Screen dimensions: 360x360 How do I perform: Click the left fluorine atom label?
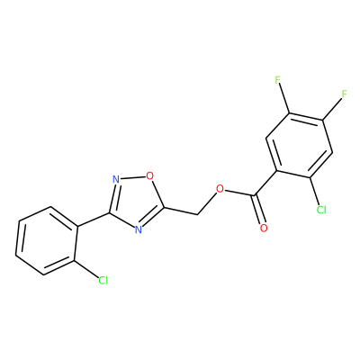pos(277,80)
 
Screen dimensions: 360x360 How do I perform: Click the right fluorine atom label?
pos(344,94)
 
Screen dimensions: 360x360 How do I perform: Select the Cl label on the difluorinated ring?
pos(321,210)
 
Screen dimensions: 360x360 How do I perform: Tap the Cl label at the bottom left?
pos(103,281)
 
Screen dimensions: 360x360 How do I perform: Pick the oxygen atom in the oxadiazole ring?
pos(149,175)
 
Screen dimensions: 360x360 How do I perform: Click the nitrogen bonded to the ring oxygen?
pos(116,180)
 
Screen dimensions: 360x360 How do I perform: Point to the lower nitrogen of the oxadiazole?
pos(138,229)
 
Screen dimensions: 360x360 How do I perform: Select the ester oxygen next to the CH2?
pos(220,189)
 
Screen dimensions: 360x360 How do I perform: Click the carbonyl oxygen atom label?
pos(264,229)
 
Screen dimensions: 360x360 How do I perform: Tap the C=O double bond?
pos(258,210)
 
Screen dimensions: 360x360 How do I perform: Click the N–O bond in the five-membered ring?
pos(132,177)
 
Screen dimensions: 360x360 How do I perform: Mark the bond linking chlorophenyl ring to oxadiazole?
pos(94,220)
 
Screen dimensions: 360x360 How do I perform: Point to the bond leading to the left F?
pos(283,99)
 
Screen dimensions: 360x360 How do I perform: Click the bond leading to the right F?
pos(332,109)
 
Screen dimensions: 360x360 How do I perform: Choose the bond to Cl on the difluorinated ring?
pos(314,192)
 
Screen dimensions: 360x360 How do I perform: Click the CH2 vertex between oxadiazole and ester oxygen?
pos(198,215)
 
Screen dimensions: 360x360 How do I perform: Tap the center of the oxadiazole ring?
pos(135,201)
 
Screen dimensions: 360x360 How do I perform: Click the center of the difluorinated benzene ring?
pos(300,146)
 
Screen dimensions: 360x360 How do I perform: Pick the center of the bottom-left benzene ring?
pos(47,240)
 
